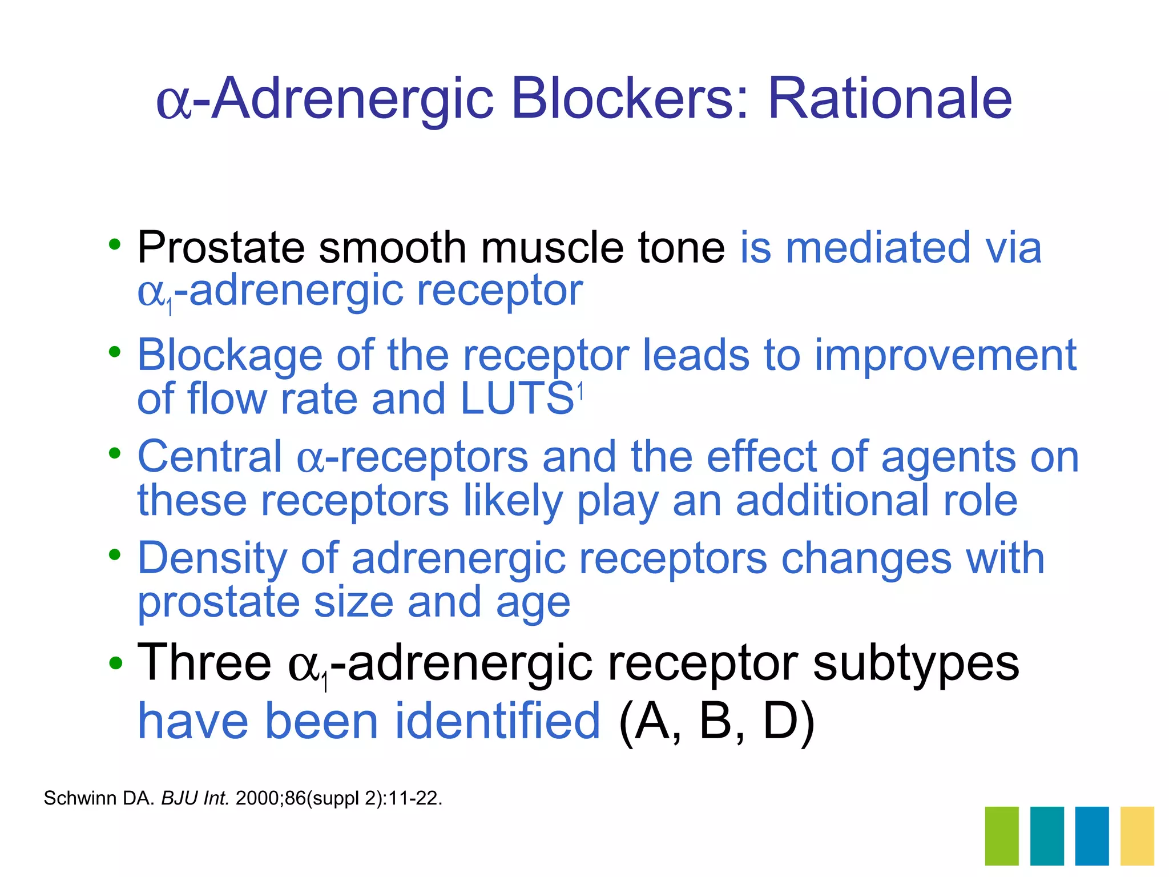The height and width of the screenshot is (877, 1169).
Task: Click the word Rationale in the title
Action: coord(889,99)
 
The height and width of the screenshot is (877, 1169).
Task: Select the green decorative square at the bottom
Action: coord(1001,835)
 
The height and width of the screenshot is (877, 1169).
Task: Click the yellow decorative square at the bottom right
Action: coord(1137,835)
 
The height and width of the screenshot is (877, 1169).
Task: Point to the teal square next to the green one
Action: coord(1047,835)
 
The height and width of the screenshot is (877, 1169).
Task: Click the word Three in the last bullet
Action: coord(204,662)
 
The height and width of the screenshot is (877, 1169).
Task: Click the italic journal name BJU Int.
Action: coord(195,798)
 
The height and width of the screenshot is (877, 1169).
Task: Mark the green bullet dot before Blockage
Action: coord(115,352)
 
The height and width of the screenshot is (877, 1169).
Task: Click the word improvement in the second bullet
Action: coord(945,355)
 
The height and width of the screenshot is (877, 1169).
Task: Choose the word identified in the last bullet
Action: coord(497,722)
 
